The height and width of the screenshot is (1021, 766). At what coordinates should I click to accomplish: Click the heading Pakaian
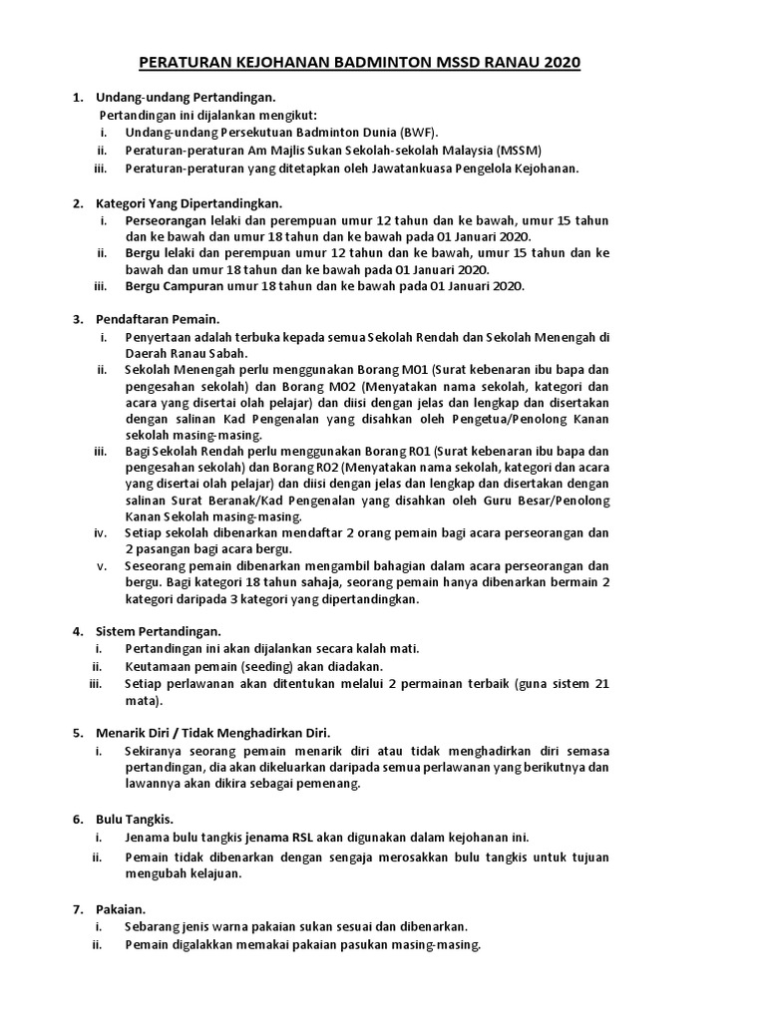point(121,908)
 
